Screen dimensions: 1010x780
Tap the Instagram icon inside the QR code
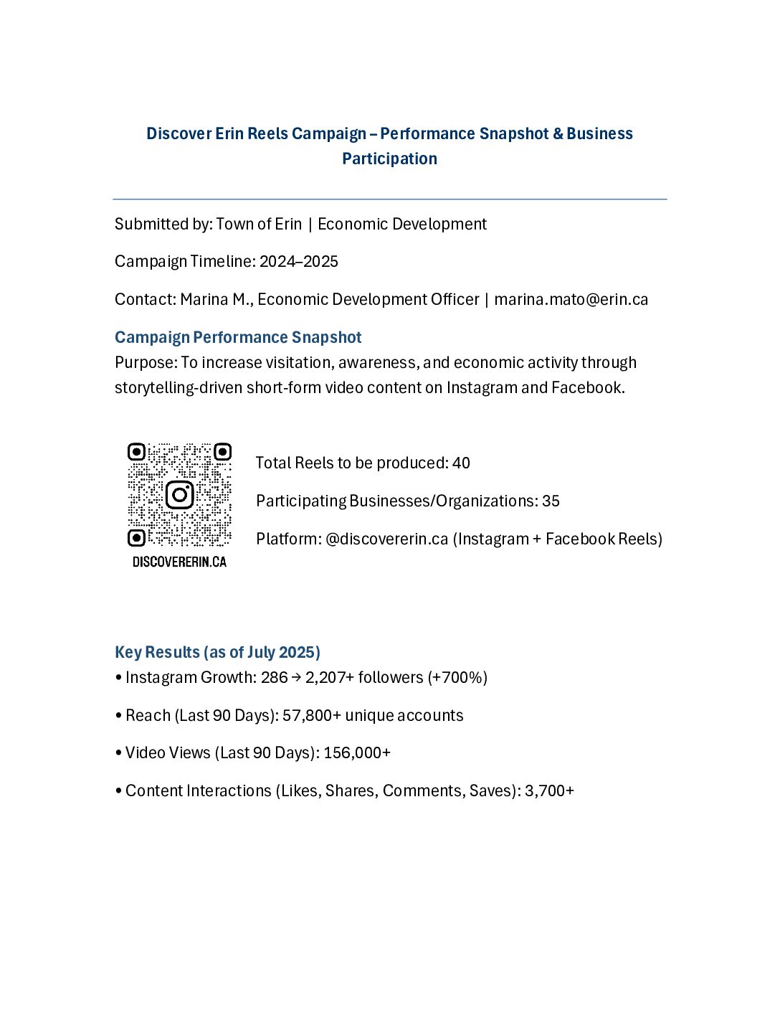pos(179,495)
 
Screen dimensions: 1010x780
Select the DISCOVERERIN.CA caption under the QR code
pos(179,562)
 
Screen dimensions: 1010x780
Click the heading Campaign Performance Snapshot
pos(238,338)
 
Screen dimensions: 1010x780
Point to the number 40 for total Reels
pos(461,463)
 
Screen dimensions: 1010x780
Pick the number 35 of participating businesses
pos(551,501)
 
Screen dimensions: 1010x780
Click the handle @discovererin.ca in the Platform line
pos(386,539)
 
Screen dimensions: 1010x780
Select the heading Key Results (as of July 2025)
pos(217,653)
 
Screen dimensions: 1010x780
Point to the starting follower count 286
pos(274,678)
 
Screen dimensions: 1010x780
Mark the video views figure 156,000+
pos(357,753)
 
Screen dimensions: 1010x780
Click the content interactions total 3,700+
pos(549,791)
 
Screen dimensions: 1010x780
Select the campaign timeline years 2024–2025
pos(299,262)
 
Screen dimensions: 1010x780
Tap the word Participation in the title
pos(389,159)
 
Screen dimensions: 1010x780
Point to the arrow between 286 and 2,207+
pos(296,678)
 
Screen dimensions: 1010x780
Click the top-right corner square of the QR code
pos(222,453)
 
